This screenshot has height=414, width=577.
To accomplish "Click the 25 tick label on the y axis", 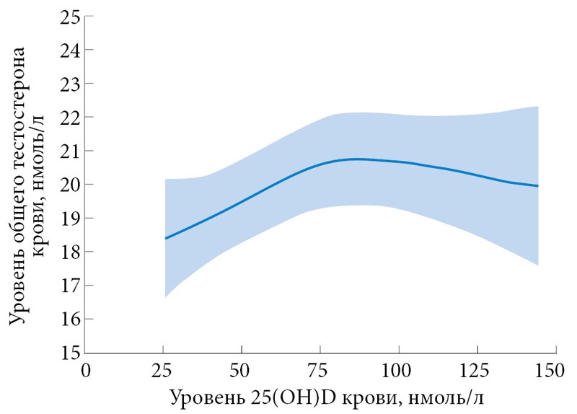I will click(x=69, y=17).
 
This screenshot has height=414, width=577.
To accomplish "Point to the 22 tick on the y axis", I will click(x=69, y=117).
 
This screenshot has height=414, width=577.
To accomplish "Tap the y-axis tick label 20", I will click(x=69, y=185).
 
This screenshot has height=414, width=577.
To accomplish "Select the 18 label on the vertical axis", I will click(x=69, y=252).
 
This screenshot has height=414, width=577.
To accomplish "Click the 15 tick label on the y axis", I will click(x=69, y=353).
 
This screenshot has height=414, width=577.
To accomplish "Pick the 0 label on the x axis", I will click(x=87, y=371).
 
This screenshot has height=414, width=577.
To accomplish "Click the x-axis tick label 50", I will click(x=242, y=371).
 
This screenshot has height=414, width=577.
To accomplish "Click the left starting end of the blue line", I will click(x=165, y=238).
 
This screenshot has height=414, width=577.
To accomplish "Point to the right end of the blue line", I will click(x=538, y=186).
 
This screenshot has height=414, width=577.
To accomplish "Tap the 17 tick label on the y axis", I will click(x=69, y=286).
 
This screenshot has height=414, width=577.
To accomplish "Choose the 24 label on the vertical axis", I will click(x=69, y=50).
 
